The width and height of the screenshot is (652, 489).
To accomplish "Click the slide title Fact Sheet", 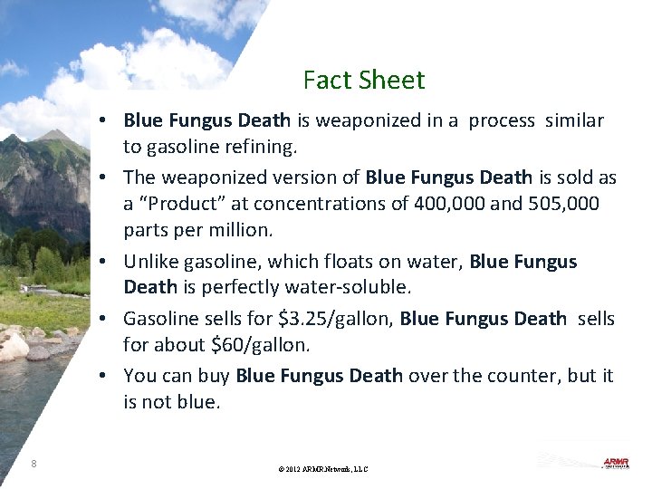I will (363, 81).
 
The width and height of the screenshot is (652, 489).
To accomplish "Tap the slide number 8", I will (34, 464).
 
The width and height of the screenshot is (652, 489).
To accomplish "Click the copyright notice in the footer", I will (324, 469).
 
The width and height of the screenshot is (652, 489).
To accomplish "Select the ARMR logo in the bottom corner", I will (616, 464).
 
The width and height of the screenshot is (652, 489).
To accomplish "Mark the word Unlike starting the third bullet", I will (150, 262).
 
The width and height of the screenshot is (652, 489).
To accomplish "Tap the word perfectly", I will (238, 287).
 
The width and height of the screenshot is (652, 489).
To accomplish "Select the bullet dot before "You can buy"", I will (106, 375).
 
